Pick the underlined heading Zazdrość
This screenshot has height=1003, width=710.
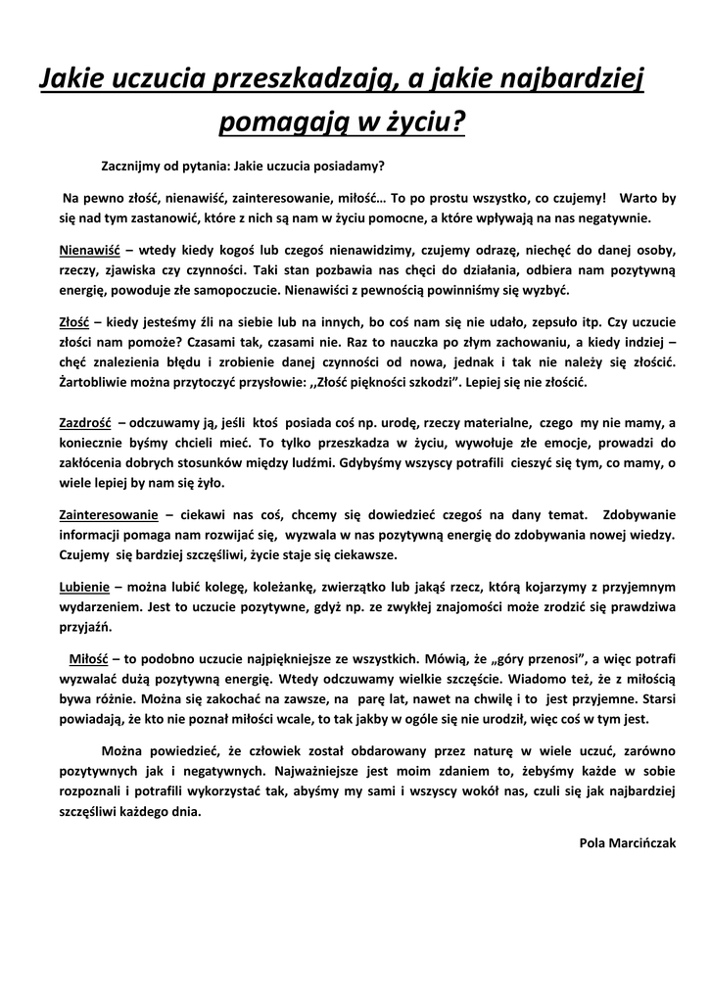[x=85, y=423]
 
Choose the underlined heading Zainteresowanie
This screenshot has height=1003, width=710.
[x=109, y=514]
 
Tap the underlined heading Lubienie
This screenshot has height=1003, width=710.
[x=84, y=587]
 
